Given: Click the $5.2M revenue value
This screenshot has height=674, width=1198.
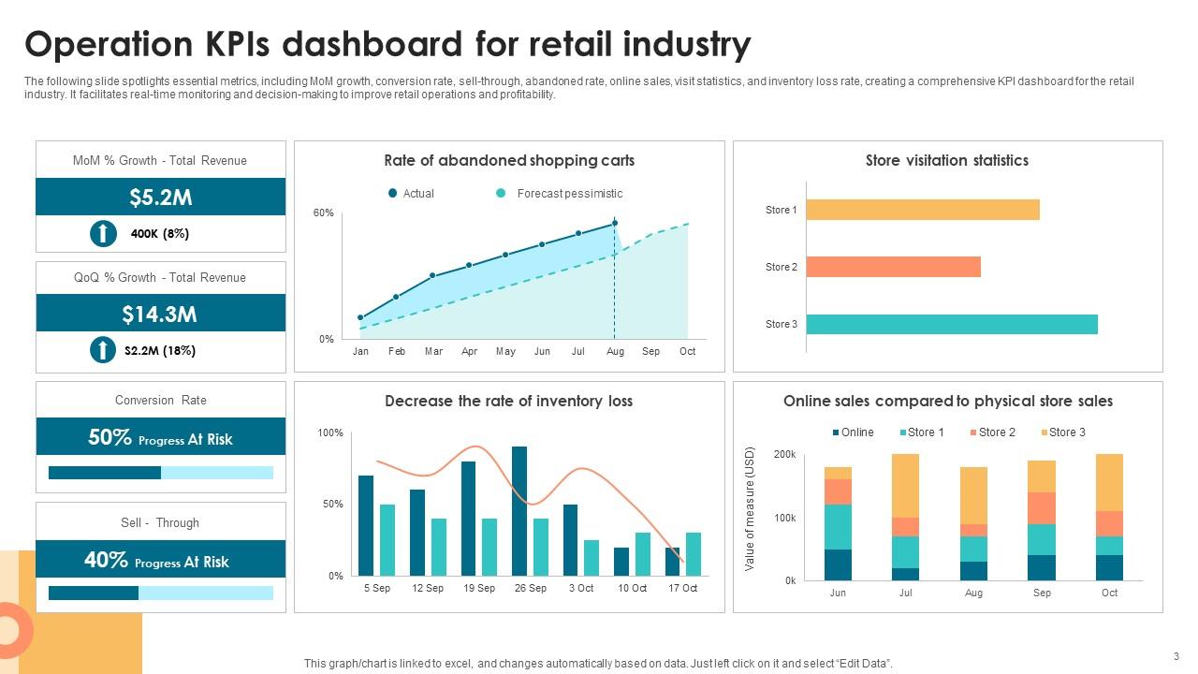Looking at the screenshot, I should (161, 197).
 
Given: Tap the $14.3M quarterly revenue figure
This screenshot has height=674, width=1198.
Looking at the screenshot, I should (160, 314).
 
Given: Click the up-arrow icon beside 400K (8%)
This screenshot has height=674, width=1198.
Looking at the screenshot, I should (103, 233).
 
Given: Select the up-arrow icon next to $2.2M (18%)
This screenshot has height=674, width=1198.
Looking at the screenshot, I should (103, 350).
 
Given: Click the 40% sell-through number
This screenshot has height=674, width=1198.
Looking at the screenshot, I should (106, 560).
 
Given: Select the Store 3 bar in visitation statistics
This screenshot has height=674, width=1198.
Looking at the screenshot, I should (951, 324).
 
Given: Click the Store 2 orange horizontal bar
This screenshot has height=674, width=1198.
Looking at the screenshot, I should (893, 267).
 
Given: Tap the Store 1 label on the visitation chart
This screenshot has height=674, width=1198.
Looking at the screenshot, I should (781, 210).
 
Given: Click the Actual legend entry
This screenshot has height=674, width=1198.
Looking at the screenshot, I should (412, 194).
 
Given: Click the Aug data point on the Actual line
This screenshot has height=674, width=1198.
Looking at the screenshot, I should (614, 223).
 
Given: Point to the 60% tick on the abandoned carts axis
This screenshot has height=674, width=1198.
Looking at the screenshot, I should (323, 213).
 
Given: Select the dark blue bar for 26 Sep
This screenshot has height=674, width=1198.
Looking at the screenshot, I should (519, 510).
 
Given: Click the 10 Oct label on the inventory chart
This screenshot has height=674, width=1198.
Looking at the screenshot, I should (632, 588).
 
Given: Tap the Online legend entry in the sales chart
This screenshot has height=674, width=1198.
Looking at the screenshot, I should (853, 432).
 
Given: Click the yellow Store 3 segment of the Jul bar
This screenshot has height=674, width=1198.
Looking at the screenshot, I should (905, 485).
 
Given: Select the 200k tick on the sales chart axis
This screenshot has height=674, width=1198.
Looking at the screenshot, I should (784, 454).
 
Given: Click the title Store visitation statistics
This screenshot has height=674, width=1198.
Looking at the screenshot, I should (946, 160).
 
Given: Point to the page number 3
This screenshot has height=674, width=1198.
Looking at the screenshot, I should (1176, 656).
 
